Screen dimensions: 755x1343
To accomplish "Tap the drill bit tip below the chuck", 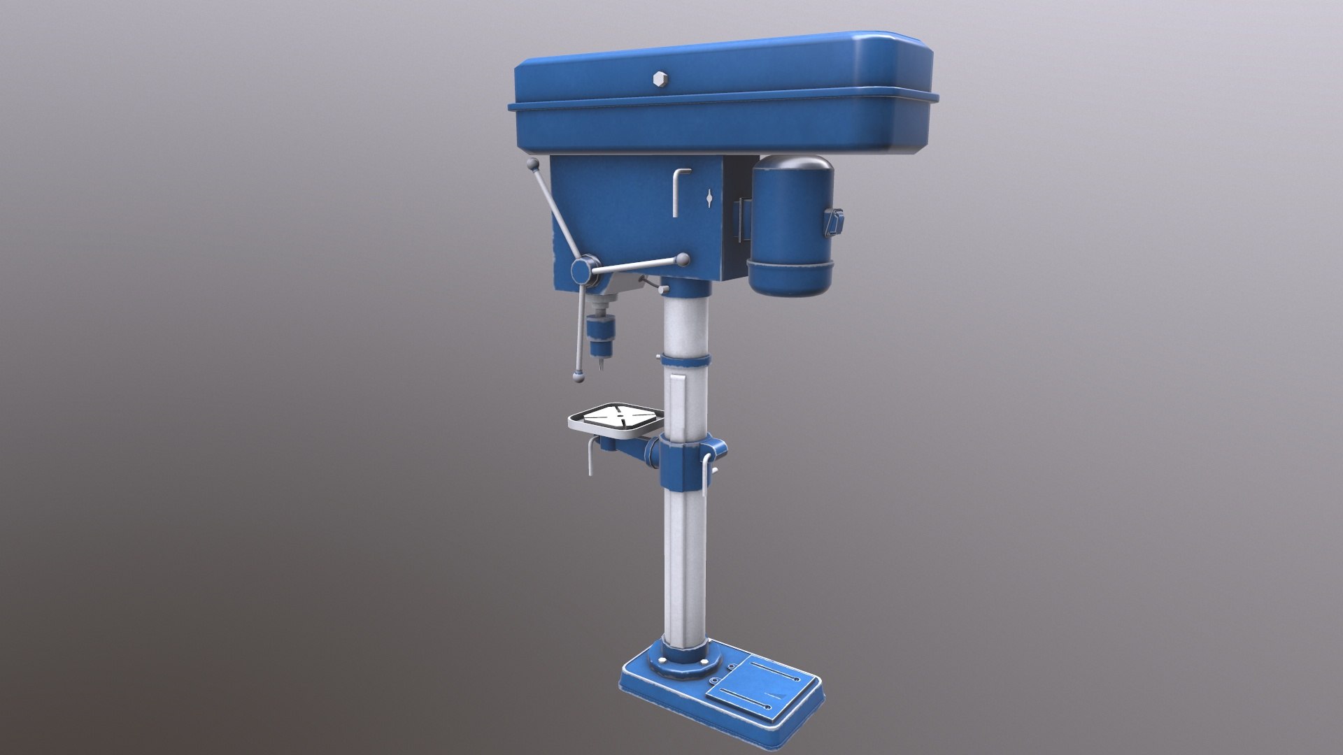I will [x=599, y=366].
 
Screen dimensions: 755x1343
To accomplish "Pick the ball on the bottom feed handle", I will [x=578, y=376].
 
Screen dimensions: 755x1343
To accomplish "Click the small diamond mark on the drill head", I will [x=710, y=198].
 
